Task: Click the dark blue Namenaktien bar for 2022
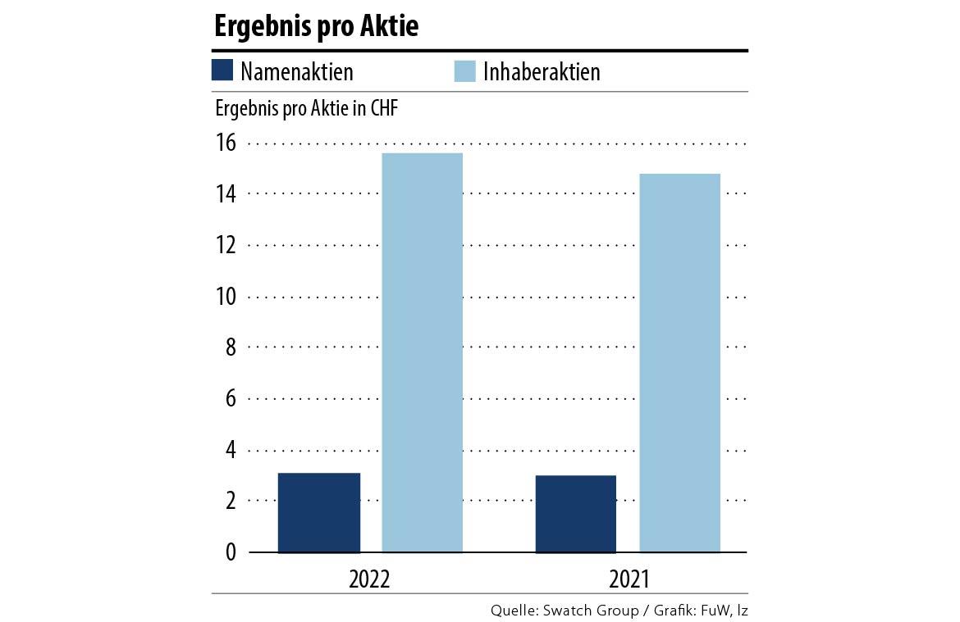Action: [x=319, y=513]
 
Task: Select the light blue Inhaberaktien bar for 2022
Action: [x=423, y=352]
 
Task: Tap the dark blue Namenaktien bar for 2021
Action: [x=576, y=514]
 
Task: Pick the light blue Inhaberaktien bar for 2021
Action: [x=680, y=363]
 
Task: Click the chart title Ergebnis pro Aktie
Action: [x=316, y=26]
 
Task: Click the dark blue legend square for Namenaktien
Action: [x=223, y=71]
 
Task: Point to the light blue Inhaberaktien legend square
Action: [x=465, y=71]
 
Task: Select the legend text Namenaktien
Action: [x=297, y=72]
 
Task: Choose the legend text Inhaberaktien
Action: [x=542, y=72]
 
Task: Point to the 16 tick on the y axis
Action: [x=225, y=143]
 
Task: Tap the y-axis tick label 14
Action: [x=225, y=194]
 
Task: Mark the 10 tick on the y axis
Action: [x=225, y=297]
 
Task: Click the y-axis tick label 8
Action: [x=230, y=347]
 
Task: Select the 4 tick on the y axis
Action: [x=230, y=450]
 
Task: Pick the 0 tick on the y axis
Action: [x=230, y=552]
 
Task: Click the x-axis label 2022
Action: [x=369, y=579]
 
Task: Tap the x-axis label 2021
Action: [x=629, y=579]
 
